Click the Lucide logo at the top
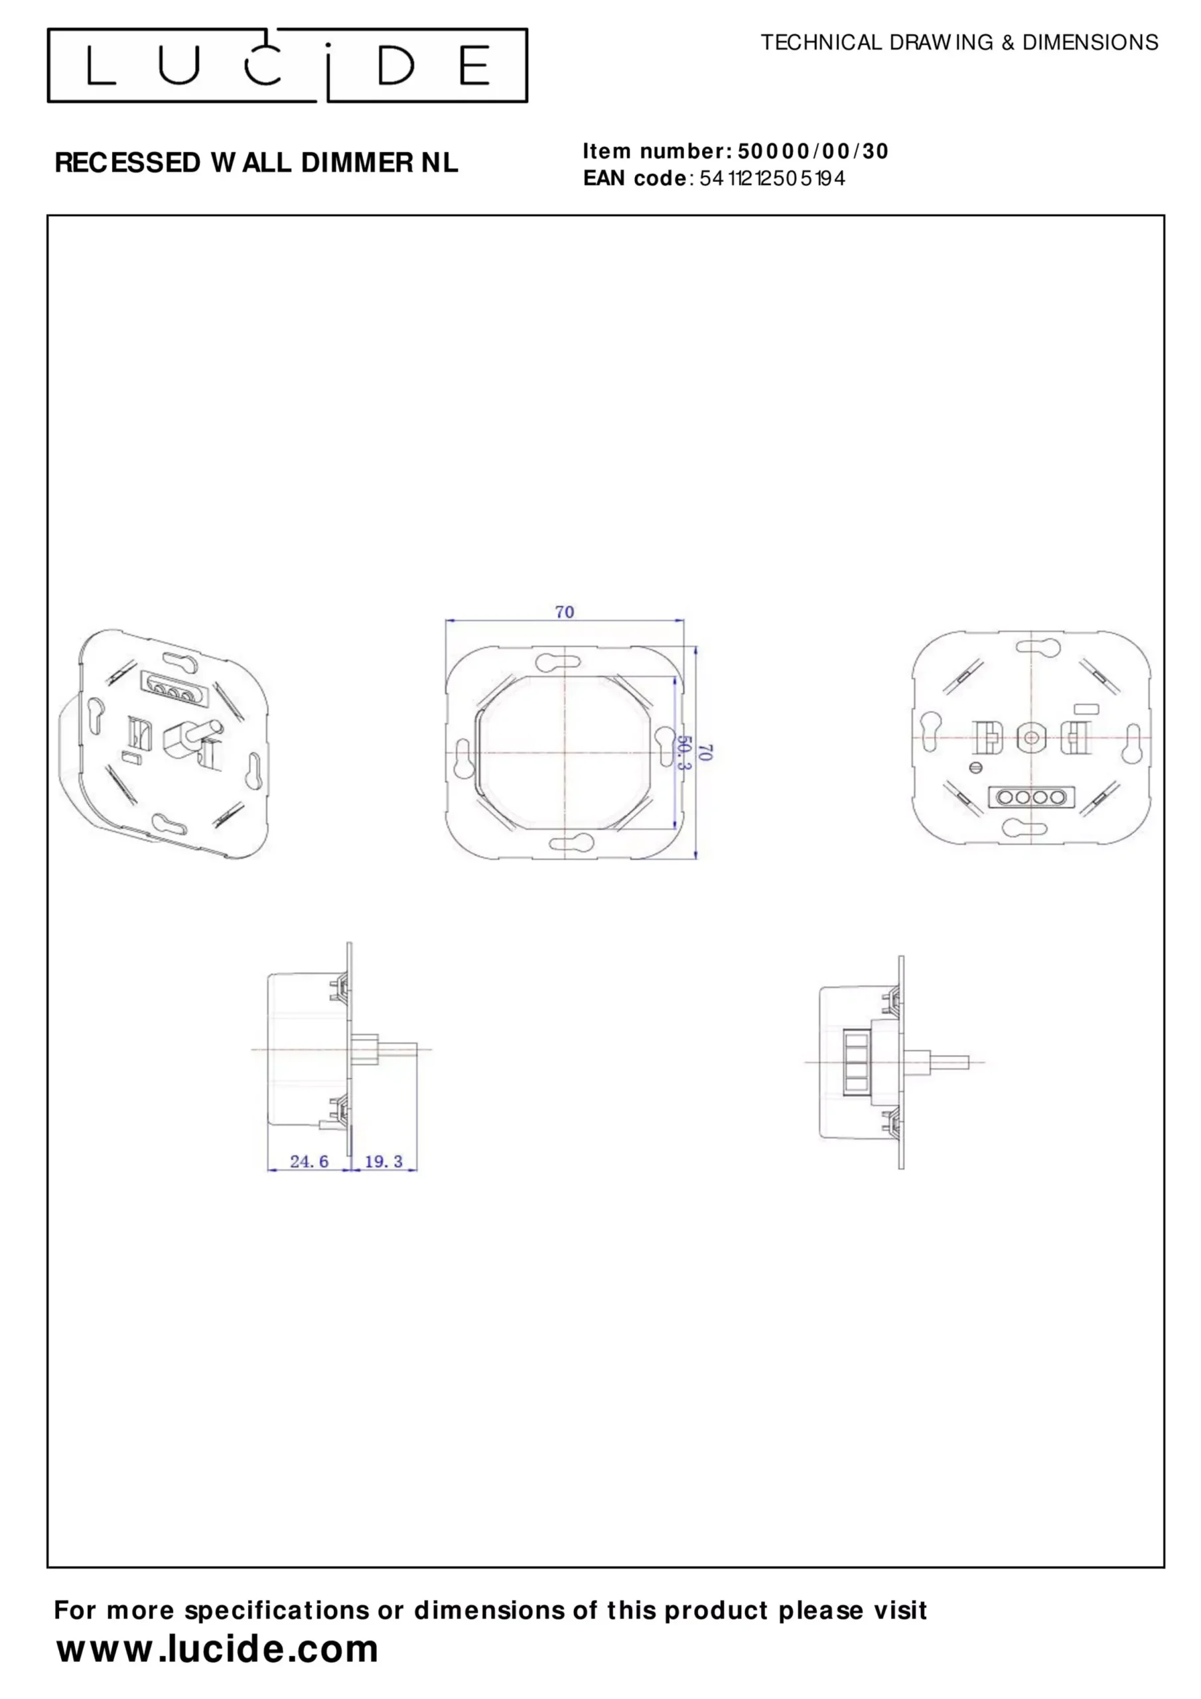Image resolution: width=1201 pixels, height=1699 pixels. pyautogui.click(x=287, y=65)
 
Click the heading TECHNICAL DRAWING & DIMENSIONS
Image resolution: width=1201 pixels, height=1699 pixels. pyautogui.click(x=959, y=43)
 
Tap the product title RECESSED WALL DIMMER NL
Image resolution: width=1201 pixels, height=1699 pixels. pyautogui.click(x=256, y=163)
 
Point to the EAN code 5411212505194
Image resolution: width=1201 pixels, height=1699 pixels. pyautogui.click(x=772, y=179)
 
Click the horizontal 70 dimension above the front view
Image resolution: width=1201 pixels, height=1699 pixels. pyautogui.click(x=565, y=612)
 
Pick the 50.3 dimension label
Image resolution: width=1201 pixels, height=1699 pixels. pyautogui.click(x=685, y=752)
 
